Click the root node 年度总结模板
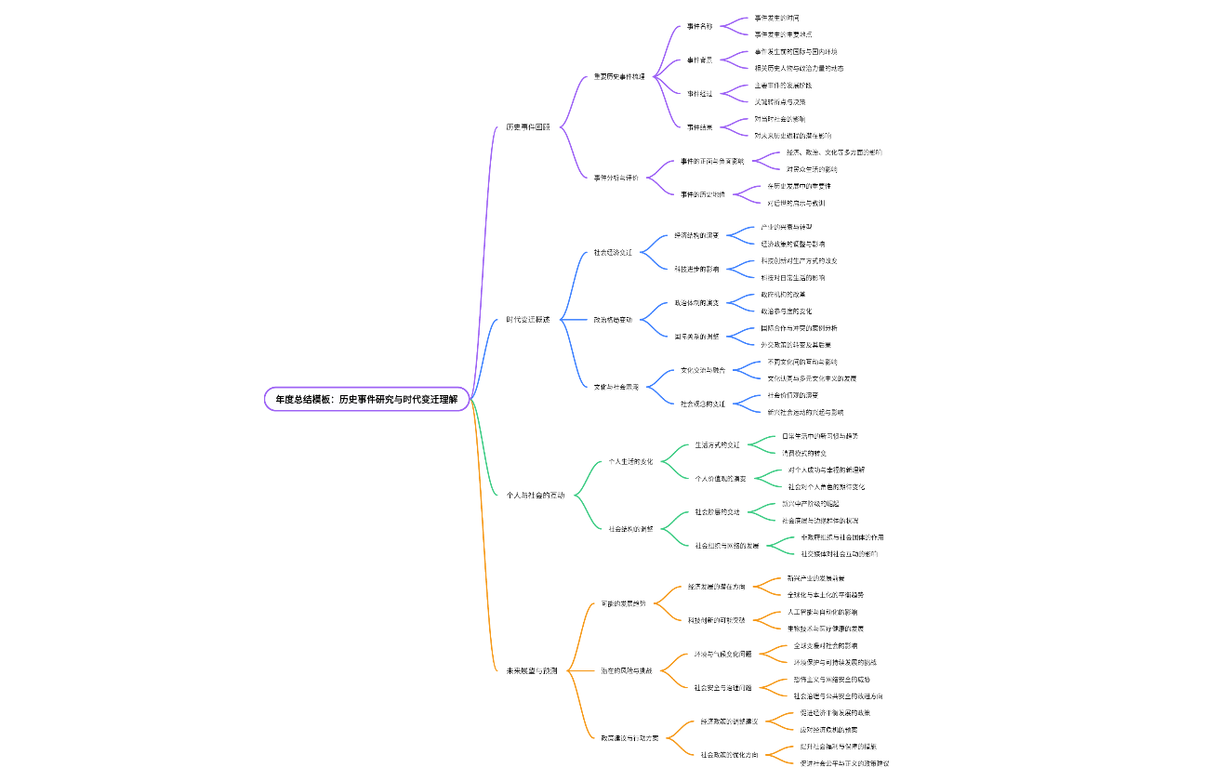[x=366, y=399]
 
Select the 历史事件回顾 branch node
[x=527, y=126]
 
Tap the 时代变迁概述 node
[x=527, y=319]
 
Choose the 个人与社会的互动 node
[x=535, y=495]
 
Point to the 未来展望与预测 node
[x=531, y=670]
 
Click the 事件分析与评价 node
[x=616, y=177]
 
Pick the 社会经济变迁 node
[x=613, y=252]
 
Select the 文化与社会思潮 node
[x=616, y=386]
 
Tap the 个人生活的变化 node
[x=630, y=461]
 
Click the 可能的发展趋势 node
[x=623, y=603]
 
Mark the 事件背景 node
[x=699, y=60]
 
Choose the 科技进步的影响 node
[x=696, y=269]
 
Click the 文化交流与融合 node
[x=703, y=370]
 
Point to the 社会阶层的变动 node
[x=717, y=511]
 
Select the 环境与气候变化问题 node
[x=722, y=654]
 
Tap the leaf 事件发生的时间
[x=775, y=18]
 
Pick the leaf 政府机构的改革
[x=783, y=294]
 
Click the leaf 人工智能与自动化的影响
[x=822, y=612]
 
